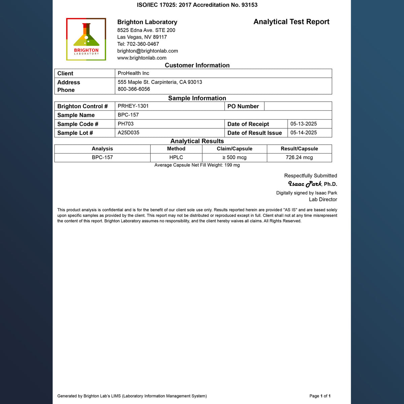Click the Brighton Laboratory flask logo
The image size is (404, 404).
(86, 39)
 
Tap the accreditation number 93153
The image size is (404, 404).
(249, 5)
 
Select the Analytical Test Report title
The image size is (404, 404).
(291, 22)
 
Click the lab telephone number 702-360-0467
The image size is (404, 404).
(143, 44)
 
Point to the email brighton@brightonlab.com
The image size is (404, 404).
(147, 51)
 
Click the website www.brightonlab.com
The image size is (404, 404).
(142, 58)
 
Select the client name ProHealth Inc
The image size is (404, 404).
(133, 73)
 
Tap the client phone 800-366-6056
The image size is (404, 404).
(134, 89)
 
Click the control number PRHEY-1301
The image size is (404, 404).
(133, 106)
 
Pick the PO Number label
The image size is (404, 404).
(243, 106)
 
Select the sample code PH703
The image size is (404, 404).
(126, 124)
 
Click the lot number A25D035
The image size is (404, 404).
(128, 133)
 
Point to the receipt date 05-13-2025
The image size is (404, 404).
(303, 124)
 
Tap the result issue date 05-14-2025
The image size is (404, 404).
(303, 133)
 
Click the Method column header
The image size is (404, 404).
(176, 149)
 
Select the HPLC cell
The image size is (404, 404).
(176, 158)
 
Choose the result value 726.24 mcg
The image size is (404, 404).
(299, 158)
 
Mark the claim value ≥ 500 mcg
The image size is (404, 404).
(234, 158)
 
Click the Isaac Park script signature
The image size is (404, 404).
(305, 184)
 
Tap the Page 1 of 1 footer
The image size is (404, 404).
(320, 396)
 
